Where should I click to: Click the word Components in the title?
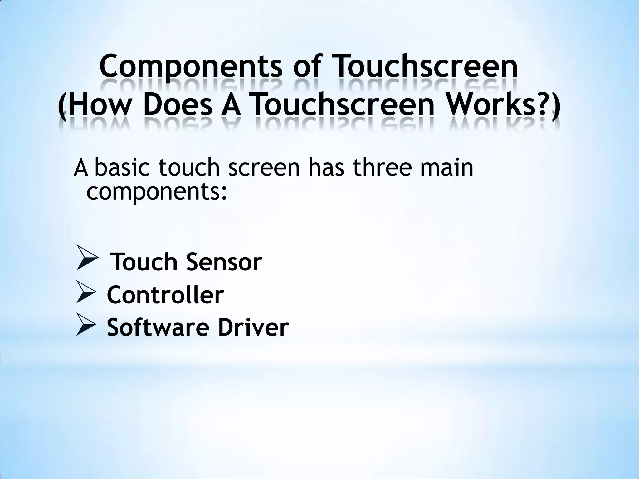coord(190,67)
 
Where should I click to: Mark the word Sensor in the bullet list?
coord(224,262)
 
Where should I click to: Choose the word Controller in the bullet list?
coord(165,295)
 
